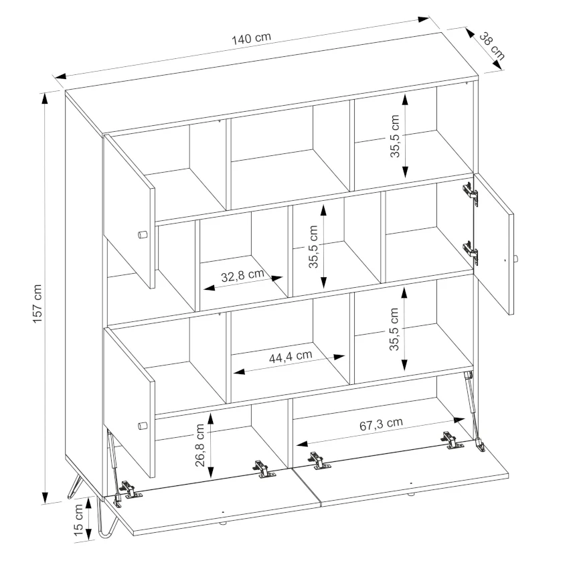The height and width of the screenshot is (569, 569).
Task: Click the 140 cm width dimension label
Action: point(252,38)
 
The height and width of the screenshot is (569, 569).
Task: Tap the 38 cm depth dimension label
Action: point(492,46)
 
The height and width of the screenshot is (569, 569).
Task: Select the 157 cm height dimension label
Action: point(37,303)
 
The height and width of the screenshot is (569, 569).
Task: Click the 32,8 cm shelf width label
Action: point(242,275)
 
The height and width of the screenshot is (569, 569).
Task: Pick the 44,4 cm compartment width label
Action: point(291,356)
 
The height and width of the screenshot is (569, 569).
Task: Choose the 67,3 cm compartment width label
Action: point(381,424)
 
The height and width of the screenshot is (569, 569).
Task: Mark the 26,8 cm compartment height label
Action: point(200,445)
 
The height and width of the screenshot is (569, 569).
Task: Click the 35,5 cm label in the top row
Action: point(395,136)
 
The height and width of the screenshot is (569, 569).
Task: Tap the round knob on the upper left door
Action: point(142,234)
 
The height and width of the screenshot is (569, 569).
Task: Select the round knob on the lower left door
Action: point(142,426)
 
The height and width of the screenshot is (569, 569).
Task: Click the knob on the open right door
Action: point(516,260)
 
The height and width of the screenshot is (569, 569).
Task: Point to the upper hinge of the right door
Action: point(471,193)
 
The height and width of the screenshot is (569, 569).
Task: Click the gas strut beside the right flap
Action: point(473,408)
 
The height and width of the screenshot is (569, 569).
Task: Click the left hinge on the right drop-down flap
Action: point(319,460)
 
